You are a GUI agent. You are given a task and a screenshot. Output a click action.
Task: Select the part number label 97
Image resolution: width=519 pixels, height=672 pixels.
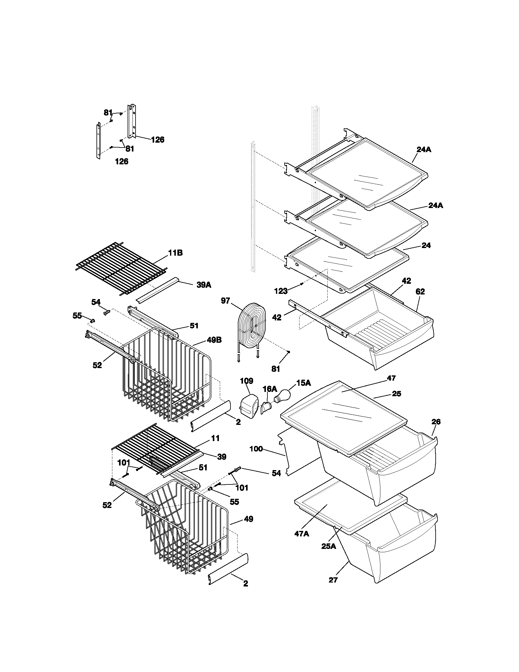pos(225,301)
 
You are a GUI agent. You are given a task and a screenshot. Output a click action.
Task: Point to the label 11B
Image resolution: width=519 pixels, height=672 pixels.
pos(175,253)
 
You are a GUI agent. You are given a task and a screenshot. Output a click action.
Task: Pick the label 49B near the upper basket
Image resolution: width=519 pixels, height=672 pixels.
pos(214,340)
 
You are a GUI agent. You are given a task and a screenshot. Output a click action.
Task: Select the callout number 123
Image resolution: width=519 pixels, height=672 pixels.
pos(281,291)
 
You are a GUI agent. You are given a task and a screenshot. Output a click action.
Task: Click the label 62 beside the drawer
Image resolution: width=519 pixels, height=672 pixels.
pos(420,291)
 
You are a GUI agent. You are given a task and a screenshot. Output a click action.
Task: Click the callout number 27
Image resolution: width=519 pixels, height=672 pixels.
pos(333,580)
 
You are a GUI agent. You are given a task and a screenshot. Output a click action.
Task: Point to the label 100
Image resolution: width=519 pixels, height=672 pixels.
pos(256,449)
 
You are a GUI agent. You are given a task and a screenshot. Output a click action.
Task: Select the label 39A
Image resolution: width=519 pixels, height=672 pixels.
pos(204,285)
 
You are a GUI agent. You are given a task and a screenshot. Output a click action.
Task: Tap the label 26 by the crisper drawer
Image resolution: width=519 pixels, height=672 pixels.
pos(436,422)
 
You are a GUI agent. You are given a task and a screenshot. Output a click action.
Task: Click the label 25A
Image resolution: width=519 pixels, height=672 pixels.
pos(329,546)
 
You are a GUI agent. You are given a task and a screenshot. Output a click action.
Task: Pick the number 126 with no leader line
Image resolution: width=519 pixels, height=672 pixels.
pos(122,161)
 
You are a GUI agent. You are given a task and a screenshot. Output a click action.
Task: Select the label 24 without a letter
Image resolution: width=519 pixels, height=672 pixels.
pos(426,245)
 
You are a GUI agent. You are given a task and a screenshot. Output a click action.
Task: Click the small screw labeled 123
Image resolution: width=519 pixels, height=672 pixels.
pos(302,284)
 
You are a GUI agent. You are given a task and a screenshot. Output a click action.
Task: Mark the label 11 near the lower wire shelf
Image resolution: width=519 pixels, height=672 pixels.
pos(216,438)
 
